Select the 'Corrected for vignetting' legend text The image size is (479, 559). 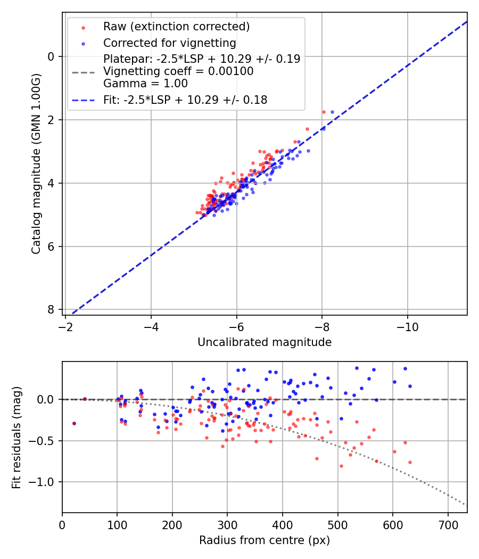pyautogui.click(x=169, y=43)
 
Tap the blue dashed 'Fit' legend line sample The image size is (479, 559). pyautogui.click(x=83, y=100)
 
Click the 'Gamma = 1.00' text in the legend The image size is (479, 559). pyautogui.click(x=145, y=84)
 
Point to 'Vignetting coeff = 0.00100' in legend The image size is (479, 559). pyautogui.click(x=178, y=71)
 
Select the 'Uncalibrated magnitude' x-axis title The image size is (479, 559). pyautogui.click(x=265, y=342)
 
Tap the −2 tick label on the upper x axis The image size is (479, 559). pyautogui.click(x=66, y=325)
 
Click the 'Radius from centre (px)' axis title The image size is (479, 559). pyautogui.click(x=265, y=540)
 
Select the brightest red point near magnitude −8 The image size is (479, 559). pyautogui.click(x=324, y=112)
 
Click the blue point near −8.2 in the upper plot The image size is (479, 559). pyautogui.click(x=333, y=112)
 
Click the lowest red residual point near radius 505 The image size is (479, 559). pyautogui.click(x=341, y=466)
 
